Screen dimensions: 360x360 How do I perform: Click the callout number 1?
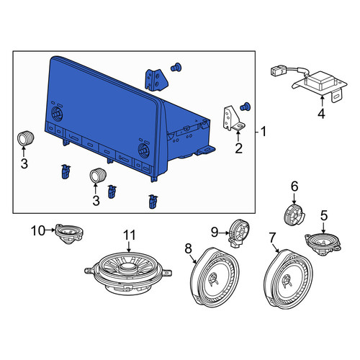point(264,132)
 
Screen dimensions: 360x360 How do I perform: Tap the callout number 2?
point(238,148)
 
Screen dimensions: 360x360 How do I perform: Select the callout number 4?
point(321,113)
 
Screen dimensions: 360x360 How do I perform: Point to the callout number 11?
point(130,235)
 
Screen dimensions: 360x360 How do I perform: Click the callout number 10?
point(38,231)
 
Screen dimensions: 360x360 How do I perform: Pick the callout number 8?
point(189,248)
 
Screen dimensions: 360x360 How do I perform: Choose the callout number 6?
point(294,186)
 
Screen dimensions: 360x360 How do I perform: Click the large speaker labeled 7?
point(289,279)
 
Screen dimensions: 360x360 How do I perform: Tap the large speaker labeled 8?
point(215,277)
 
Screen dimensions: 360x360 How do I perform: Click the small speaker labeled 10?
point(69,234)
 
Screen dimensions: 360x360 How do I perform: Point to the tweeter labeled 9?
point(239,233)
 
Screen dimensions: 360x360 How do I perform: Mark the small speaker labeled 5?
point(323,244)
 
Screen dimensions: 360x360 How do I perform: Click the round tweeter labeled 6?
point(294,215)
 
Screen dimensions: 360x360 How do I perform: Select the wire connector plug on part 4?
point(279,71)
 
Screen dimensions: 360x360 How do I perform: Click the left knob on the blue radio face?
point(57,114)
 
